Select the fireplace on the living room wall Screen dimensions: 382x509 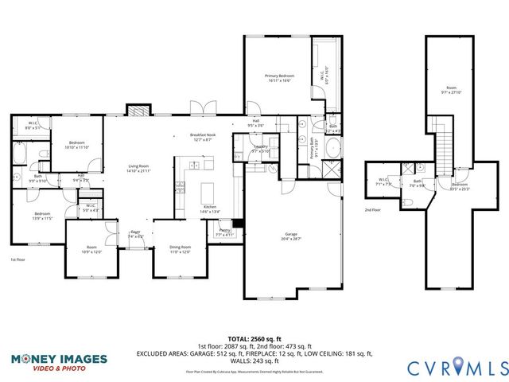138,111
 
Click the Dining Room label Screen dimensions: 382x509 181,248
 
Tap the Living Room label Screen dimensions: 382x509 139,169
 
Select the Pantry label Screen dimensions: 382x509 223,233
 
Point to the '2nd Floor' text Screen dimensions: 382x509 372,210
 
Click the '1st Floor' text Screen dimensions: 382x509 17,259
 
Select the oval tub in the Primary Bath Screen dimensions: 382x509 333,149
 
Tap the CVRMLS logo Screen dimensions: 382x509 457,367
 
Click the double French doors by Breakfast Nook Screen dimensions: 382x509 203,108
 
